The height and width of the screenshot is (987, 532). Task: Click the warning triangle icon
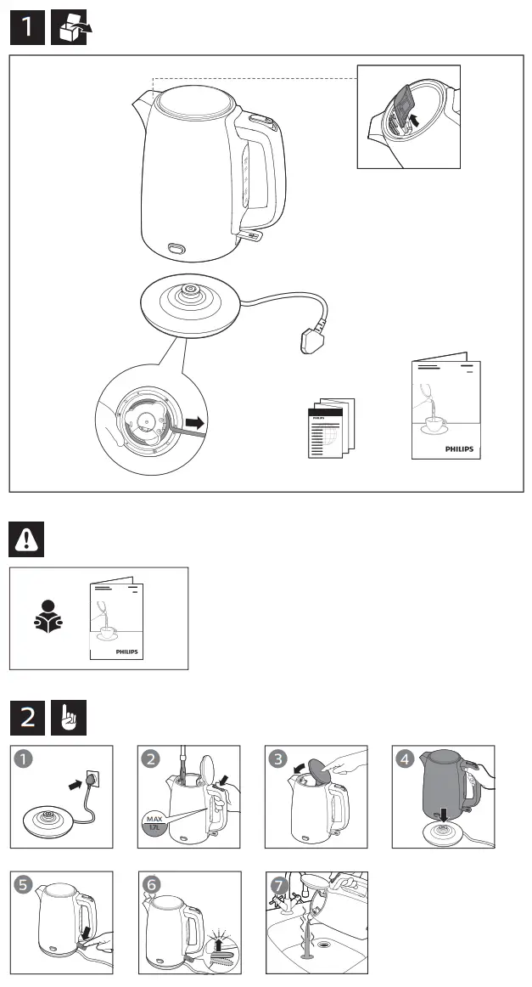(x=27, y=540)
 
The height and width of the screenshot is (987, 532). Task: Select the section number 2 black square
(x=28, y=718)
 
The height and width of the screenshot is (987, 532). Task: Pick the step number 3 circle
(x=277, y=759)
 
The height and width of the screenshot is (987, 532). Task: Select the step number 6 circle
(x=151, y=884)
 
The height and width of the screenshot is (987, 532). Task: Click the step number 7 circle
(x=277, y=884)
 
